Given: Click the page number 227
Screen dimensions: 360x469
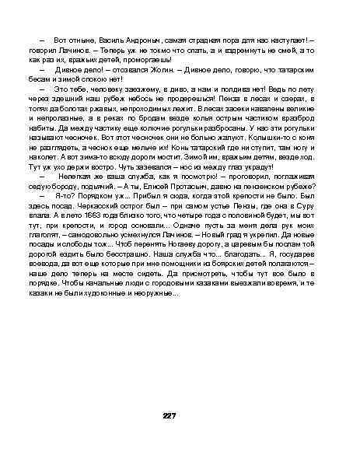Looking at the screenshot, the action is (x=169, y=416).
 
